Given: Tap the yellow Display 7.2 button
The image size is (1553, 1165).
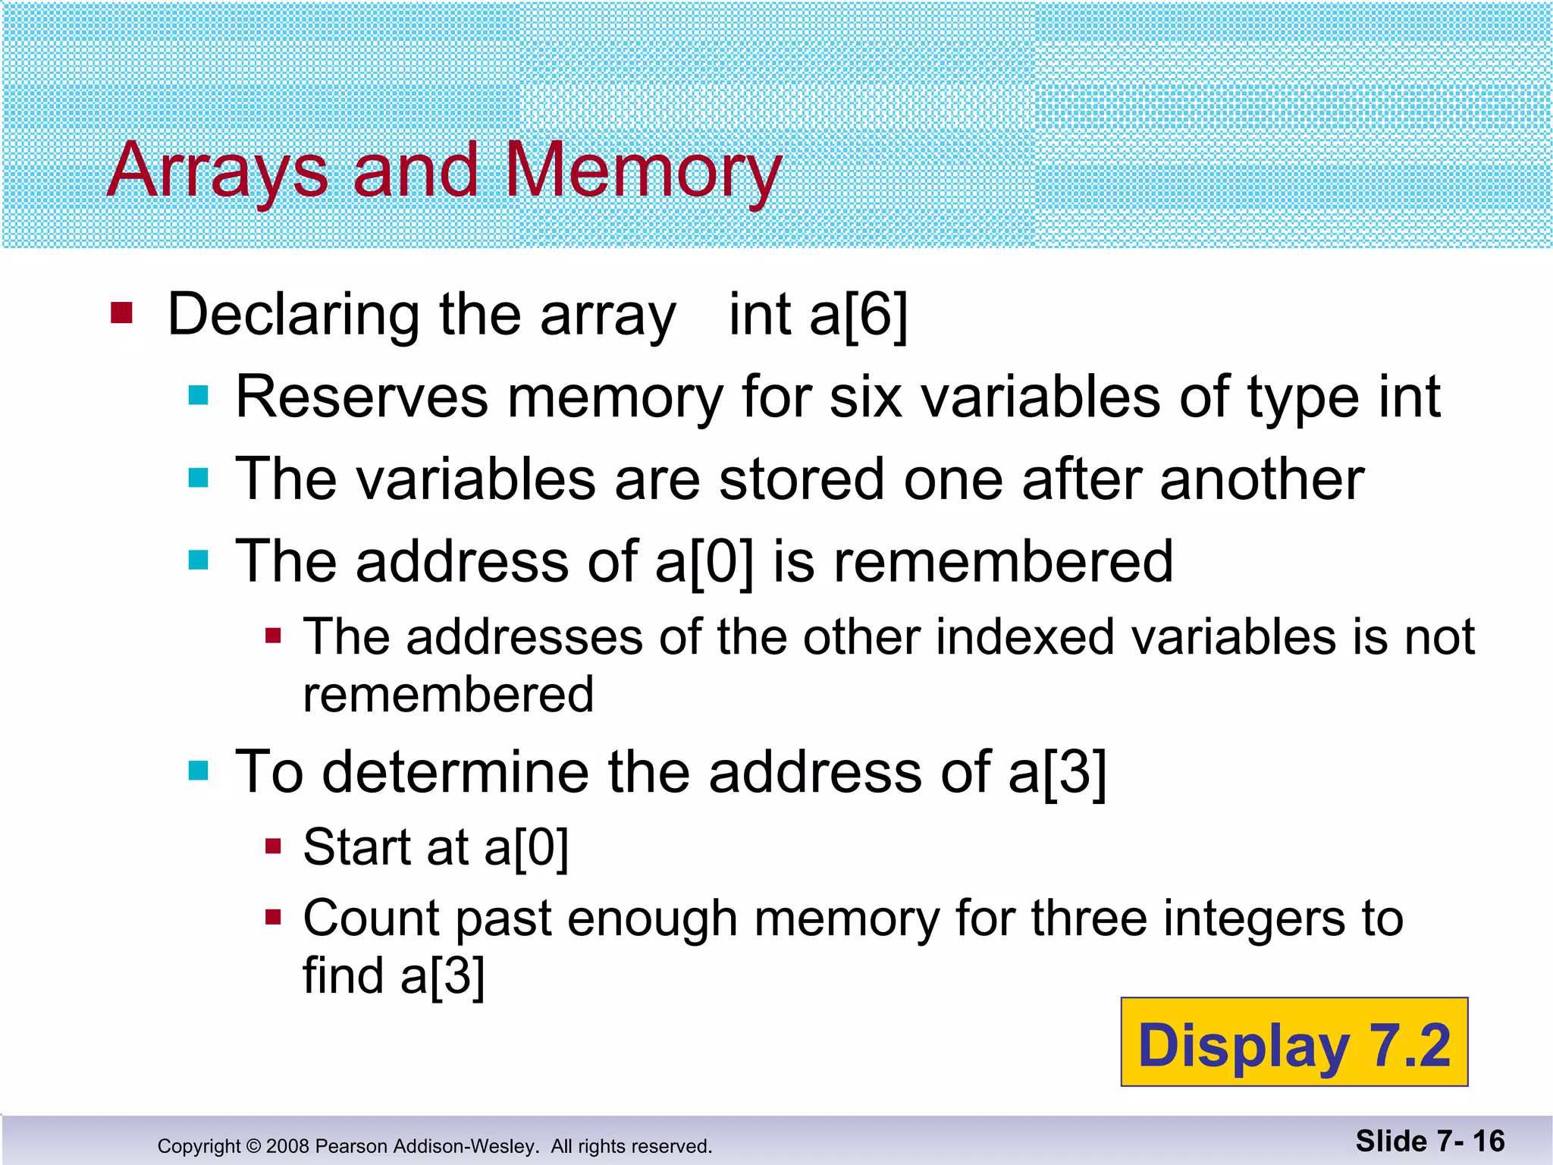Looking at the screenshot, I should click(x=1294, y=1042).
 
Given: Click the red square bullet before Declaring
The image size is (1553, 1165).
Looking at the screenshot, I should click(x=122, y=312).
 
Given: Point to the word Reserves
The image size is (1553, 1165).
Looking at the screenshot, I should click(x=362, y=397).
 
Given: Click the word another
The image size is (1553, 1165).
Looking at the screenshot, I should click(x=1262, y=479).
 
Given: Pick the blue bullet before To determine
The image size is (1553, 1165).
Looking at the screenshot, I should click(x=199, y=771).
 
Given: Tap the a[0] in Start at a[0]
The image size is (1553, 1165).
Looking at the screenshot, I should click(x=526, y=847).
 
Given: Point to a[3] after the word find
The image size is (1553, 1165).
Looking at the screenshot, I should click(x=442, y=975).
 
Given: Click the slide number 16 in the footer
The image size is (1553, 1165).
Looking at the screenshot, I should click(x=1489, y=1141).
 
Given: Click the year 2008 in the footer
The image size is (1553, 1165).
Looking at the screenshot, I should click(x=287, y=1146).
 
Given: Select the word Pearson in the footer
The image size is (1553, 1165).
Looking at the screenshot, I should click(x=349, y=1146).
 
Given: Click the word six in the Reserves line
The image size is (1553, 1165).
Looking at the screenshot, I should click(x=865, y=397).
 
